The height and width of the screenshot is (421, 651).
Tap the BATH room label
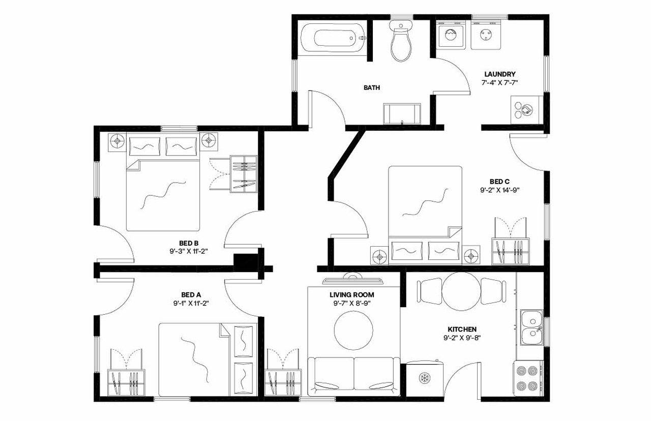[x=371, y=87]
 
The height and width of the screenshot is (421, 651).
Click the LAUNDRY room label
[x=499, y=74]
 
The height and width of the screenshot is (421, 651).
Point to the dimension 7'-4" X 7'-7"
[x=499, y=82]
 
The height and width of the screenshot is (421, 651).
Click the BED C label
[x=499, y=182]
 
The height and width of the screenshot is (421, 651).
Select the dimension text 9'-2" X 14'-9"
[x=499, y=190]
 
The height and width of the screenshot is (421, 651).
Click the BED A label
[x=191, y=294]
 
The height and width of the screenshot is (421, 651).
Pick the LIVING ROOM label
[x=351, y=294]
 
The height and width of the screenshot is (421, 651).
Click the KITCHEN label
[x=462, y=329]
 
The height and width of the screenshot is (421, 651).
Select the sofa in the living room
[x=353, y=375]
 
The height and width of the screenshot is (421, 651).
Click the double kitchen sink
[x=531, y=328]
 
